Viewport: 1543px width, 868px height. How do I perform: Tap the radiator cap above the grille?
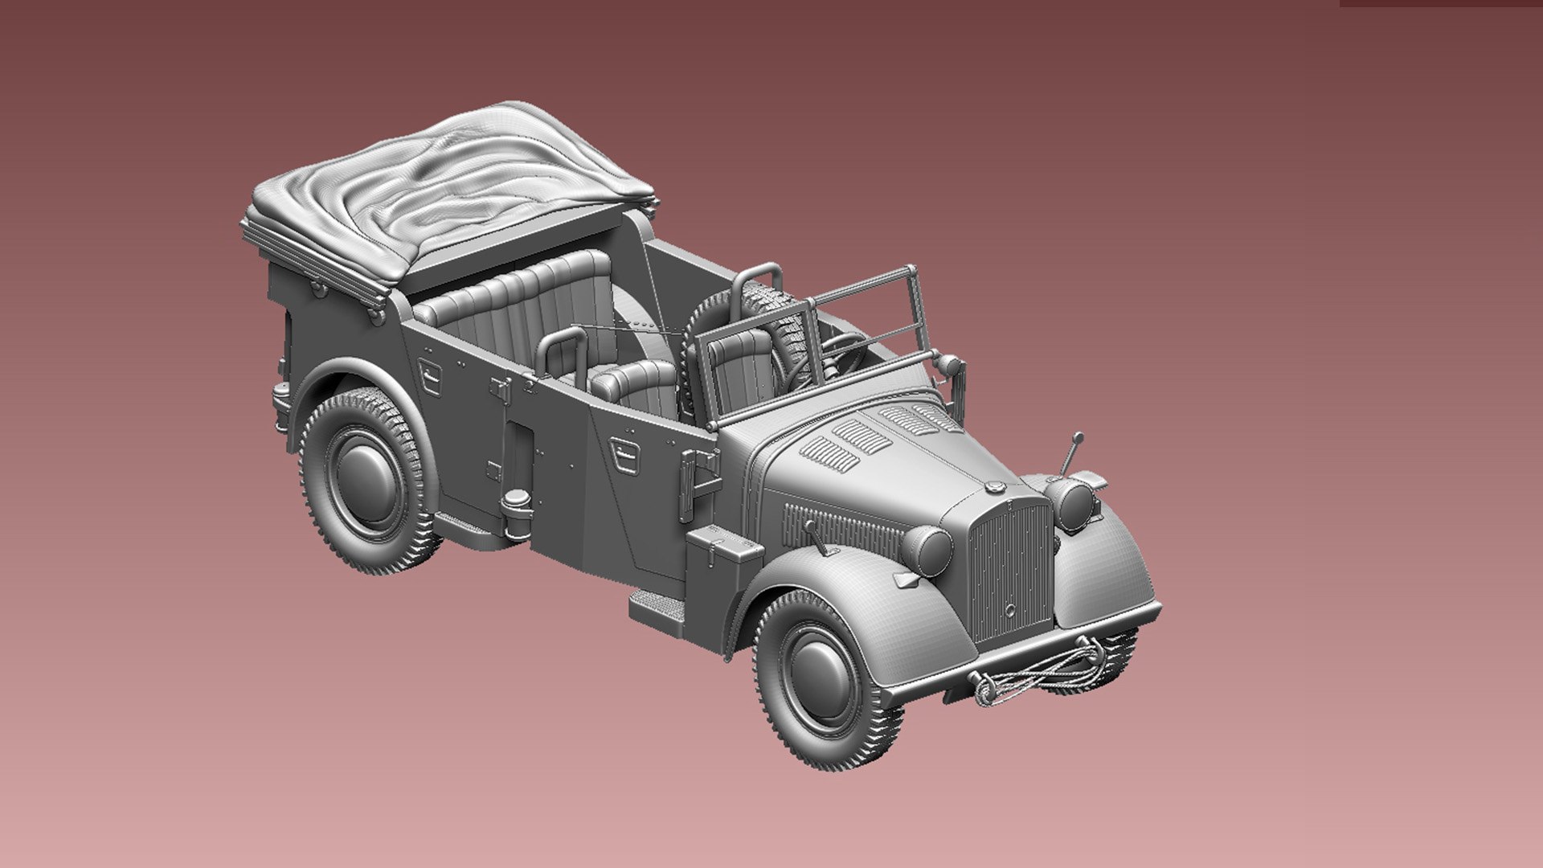tap(994, 487)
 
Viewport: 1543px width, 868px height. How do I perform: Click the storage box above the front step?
tap(724, 555)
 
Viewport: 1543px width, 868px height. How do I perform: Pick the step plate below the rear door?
tap(474, 530)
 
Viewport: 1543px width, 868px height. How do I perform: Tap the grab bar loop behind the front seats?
tap(563, 350)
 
